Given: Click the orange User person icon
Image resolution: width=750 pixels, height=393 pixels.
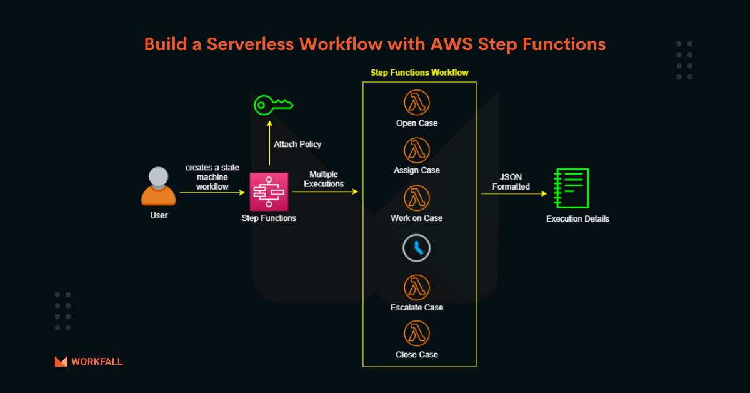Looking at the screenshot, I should [158, 186].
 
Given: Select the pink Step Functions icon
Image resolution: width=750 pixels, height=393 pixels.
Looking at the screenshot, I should [269, 192].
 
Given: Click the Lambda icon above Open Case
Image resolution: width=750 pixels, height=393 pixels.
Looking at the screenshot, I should [417, 103].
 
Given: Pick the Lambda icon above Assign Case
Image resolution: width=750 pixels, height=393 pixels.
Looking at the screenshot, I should [417, 150].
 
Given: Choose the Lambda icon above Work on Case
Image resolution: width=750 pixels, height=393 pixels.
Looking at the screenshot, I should [417, 198].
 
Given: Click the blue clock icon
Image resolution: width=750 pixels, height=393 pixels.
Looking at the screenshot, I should [417, 248].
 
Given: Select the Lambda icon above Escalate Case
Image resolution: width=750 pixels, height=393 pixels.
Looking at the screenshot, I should [417, 287].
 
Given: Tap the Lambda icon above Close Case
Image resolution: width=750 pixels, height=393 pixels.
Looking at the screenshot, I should [417, 334].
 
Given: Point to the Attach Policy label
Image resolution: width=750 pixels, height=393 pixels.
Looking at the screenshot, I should [297, 145].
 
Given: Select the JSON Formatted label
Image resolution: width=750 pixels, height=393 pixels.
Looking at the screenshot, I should [511, 181].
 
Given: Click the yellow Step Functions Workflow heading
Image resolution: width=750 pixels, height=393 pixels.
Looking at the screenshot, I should [419, 73].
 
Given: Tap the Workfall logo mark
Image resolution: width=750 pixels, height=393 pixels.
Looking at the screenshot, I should [61, 361].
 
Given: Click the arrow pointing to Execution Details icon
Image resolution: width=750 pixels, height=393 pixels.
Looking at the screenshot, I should [513, 194].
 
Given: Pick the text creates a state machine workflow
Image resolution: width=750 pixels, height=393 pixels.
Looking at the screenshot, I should [211, 177].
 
